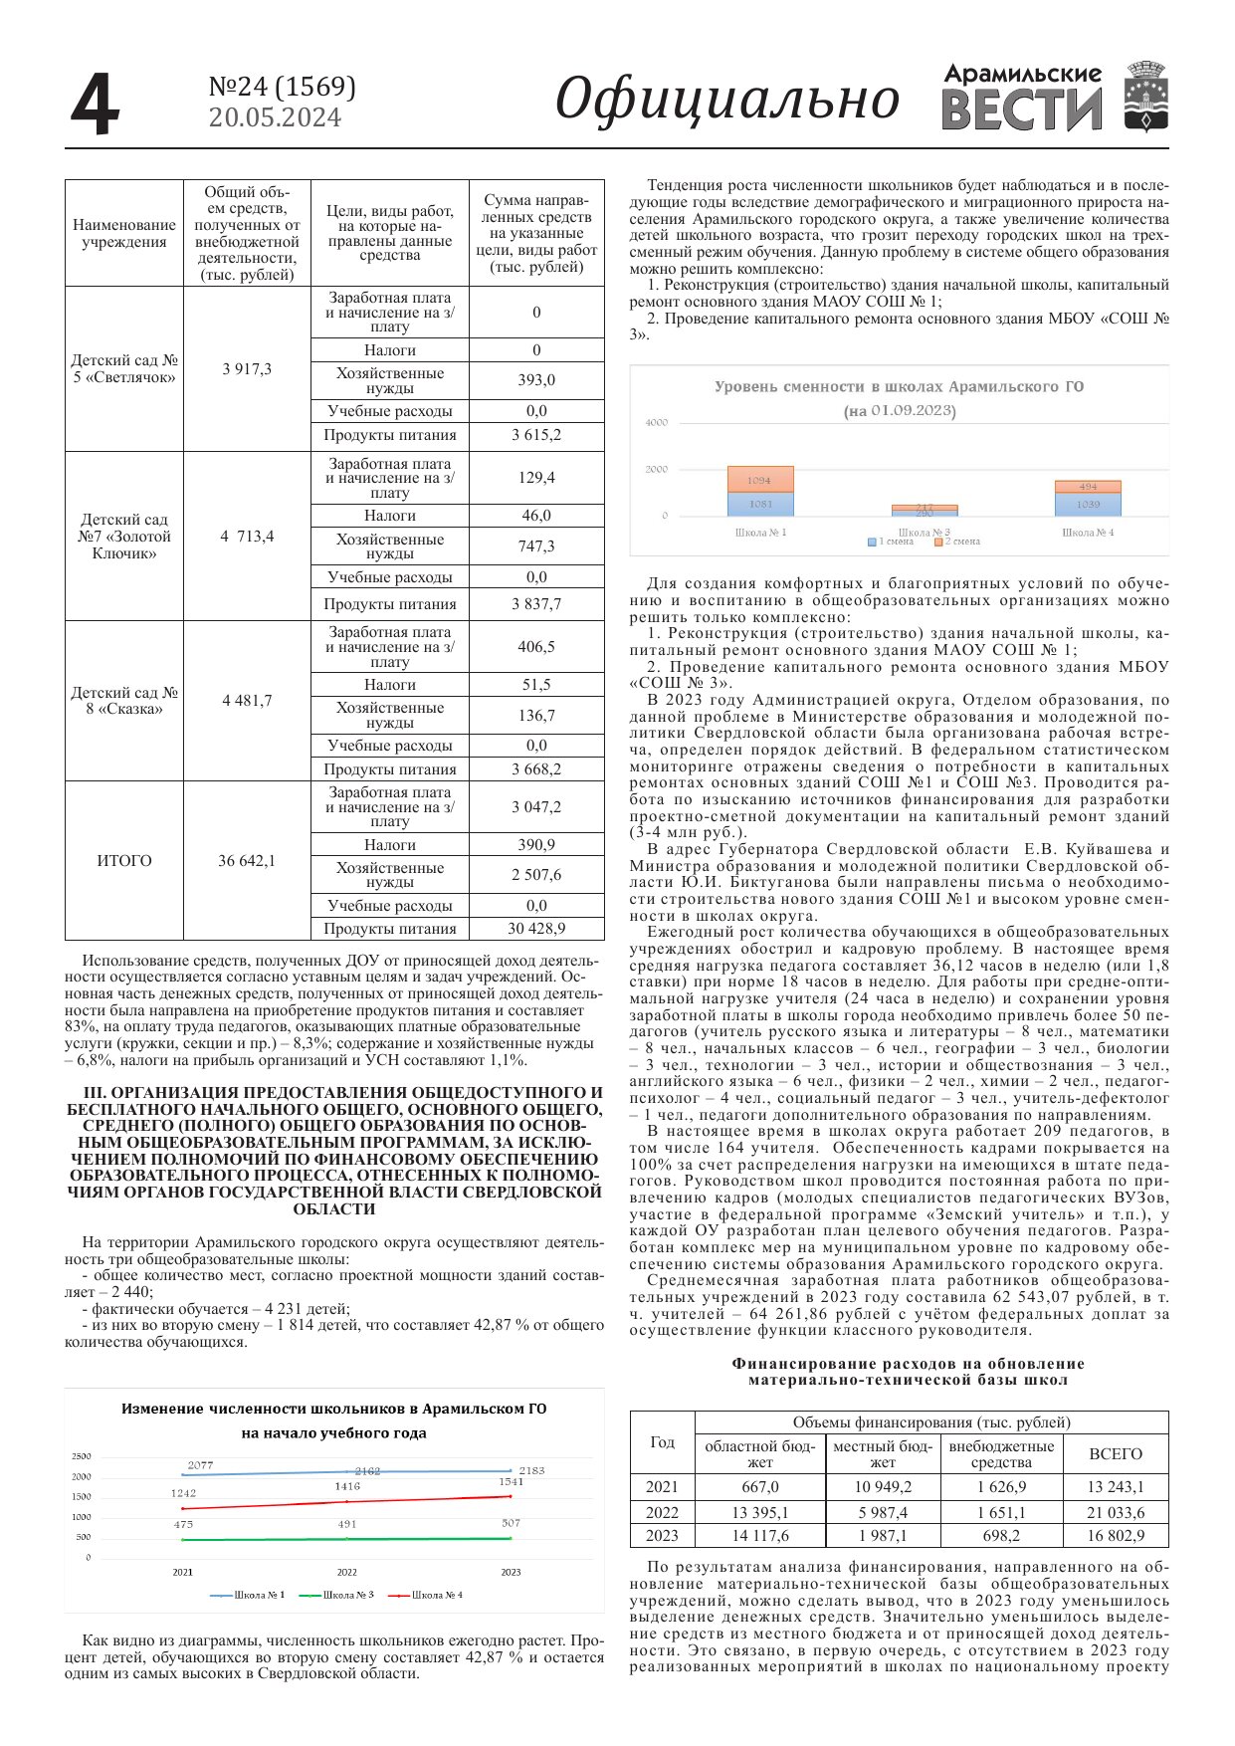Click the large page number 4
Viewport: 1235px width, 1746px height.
pos(96,105)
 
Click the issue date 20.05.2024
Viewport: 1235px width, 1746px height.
pos(275,117)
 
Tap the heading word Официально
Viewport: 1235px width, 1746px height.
pos(726,100)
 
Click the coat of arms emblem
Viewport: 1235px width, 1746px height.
pos(1145,97)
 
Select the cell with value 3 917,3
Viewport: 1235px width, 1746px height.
pos(247,369)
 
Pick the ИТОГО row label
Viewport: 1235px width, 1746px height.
pos(124,861)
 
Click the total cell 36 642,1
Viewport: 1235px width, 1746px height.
pos(247,861)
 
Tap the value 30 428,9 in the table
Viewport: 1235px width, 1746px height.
pos(536,929)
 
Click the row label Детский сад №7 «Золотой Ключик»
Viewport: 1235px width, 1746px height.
pos(124,537)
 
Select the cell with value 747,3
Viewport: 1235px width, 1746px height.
pos(536,546)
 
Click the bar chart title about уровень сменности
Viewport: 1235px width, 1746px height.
pos(899,387)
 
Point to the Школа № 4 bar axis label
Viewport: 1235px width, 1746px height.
pos(1087,533)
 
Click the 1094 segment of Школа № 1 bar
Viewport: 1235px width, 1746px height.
pos(759,480)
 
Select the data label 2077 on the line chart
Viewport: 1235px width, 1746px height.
pos(200,1465)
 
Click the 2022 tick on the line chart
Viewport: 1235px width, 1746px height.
pos(346,1573)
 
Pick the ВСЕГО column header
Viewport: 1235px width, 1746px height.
pos(1116,1454)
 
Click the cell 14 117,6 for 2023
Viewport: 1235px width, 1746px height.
pos(760,1536)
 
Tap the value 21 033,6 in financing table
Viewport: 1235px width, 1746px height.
pos(1116,1512)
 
